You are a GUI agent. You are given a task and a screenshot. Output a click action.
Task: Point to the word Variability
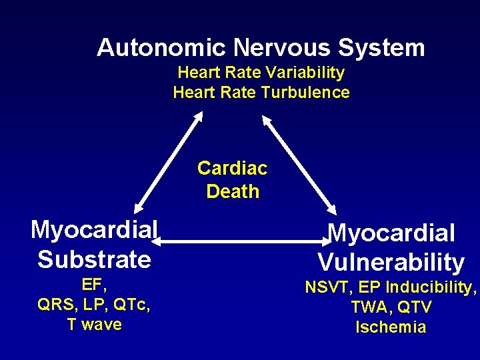pyautogui.click(x=307, y=72)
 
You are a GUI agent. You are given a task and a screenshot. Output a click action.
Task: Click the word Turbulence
pyautogui.click(x=305, y=93)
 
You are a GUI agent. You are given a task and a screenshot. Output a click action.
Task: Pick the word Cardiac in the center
pyautogui.click(x=232, y=169)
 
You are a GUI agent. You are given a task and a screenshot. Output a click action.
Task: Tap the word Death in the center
pyautogui.click(x=233, y=192)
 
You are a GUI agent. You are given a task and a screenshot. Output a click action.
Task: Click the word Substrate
pyautogui.click(x=94, y=259)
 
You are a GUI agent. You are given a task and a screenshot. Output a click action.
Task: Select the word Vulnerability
pyautogui.click(x=391, y=263)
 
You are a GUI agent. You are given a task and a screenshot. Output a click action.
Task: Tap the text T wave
pyautogui.click(x=94, y=325)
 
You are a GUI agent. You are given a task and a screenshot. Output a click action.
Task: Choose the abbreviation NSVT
pyautogui.click(x=328, y=288)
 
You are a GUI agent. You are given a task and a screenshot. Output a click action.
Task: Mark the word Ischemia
pyautogui.click(x=391, y=327)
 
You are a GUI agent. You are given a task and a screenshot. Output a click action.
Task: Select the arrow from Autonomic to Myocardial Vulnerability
pyautogui.click(x=300, y=163)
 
